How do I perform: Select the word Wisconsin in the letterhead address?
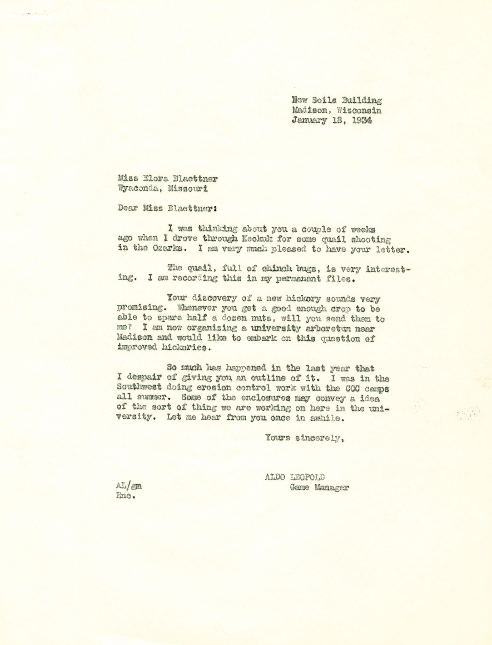(360, 110)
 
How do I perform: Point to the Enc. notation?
(125, 496)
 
